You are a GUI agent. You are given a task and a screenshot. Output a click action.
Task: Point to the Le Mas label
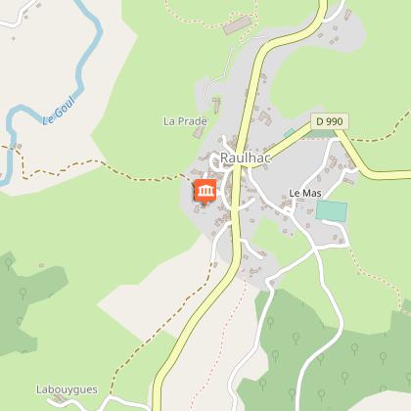[305, 194]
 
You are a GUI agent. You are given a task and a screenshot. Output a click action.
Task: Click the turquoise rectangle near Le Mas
[332, 210]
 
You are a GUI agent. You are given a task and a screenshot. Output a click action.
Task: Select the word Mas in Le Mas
[312, 194]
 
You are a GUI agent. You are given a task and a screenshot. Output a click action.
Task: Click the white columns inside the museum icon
[205, 192]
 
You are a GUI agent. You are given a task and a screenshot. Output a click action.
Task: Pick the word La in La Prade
[168, 121]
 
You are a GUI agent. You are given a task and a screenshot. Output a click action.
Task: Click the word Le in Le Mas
[296, 194]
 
